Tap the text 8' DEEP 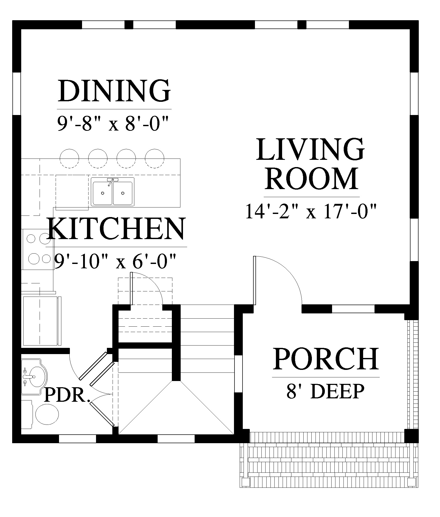(325, 391)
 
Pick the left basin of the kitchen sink (102, 193)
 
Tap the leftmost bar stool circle (69, 158)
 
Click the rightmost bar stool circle (155, 158)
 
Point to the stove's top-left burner (31, 238)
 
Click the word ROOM (311, 178)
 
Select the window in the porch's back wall (353, 309)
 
